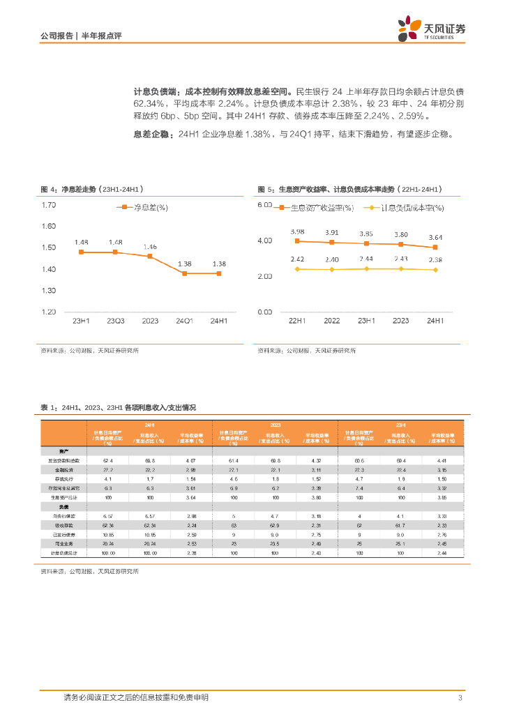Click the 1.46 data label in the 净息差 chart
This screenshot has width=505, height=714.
pyautogui.click(x=150, y=247)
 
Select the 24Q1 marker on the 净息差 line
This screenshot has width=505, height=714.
pyautogui.click(x=185, y=273)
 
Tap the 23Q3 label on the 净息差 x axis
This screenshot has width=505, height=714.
pyautogui.click(x=115, y=321)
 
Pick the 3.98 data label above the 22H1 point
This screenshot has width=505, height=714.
pyautogui.click(x=298, y=231)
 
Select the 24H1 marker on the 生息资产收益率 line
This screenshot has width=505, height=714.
pyautogui.click(x=435, y=247)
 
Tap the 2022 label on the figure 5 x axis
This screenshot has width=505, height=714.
pyautogui.click(x=332, y=321)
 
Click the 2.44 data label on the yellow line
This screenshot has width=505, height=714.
pyautogui.click(x=366, y=259)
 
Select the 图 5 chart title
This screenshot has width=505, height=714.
pyautogui.click(x=349, y=190)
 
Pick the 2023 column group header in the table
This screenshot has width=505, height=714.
pyautogui.click(x=275, y=424)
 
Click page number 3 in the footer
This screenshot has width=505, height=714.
pyautogui.click(x=460, y=698)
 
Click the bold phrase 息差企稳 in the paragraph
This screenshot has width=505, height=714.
pyautogui.click(x=151, y=135)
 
